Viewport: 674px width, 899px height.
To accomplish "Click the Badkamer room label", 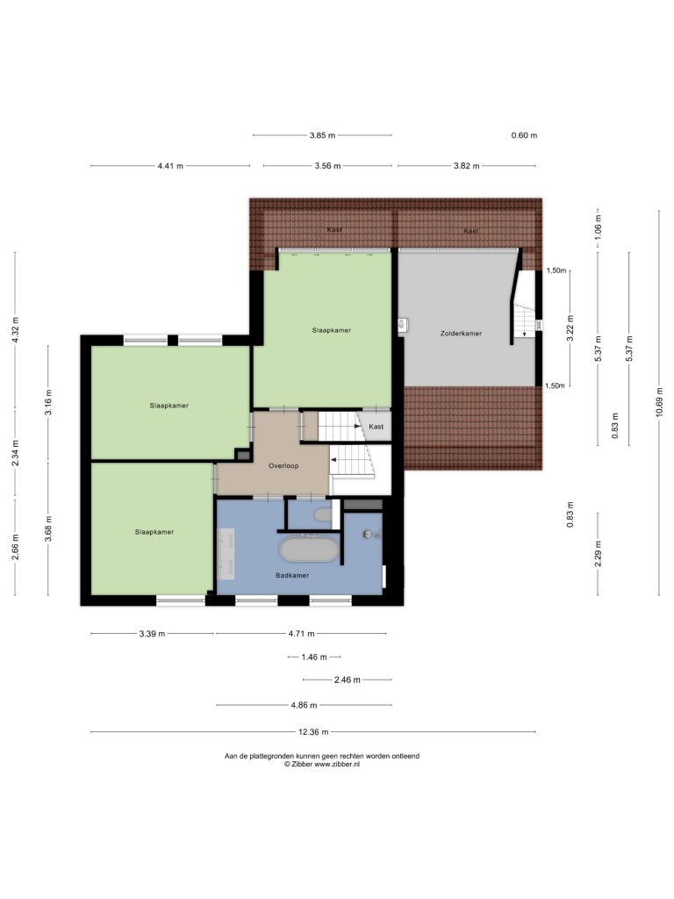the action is [x=292, y=575].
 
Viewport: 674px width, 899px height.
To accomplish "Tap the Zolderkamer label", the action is [x=461, y=333].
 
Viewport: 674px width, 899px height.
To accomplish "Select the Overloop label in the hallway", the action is [x=283, y=465].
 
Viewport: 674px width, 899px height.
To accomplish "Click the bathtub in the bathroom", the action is [x=308, y=550].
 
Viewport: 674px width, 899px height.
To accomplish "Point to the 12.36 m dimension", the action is [x=313, y=731].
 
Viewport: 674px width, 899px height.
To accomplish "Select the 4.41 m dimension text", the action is [x=170, y=166].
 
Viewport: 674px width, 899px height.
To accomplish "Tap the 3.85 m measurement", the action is [x=322, y=135].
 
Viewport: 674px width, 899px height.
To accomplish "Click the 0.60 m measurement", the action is [x=524, y=135].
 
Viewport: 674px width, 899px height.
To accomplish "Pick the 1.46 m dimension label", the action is [x=314, y=657].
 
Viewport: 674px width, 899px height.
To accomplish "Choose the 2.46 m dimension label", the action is [x=348, y=680].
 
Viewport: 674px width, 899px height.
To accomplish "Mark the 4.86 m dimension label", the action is [x=304, y=705].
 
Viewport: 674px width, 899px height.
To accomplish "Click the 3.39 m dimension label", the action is [x=152, y=634].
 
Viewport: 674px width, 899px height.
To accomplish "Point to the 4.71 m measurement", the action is [x=302, y=634].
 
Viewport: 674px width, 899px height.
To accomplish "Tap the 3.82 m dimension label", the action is [x=467, y=166].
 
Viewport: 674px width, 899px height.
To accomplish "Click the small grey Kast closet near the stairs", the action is [x=376, y=427].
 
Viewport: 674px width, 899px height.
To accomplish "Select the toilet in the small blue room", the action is [x=323, y=514].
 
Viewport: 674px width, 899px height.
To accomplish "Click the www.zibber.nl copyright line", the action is [x=322, y=764].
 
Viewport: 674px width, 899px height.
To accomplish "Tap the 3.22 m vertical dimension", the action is [x=570, y=328].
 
